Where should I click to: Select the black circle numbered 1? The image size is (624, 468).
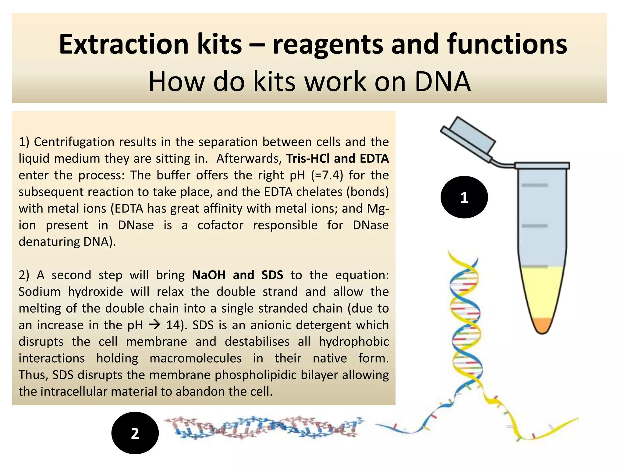[x=464, y=197]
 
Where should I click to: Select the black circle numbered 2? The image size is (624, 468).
[x=135, y=433]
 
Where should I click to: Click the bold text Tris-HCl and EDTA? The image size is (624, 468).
[x=337, y=159]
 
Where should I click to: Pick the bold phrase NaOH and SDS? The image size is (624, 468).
[x=237, y=275]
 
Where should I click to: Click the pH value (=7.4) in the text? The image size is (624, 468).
[x=327, y=175]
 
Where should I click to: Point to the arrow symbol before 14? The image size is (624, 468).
[x=154, y=325]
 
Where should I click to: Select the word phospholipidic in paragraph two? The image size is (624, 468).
[x=255, y=375]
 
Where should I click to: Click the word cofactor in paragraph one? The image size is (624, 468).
[x=220, y=225]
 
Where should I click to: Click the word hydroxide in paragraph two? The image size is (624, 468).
[x=95, y=292]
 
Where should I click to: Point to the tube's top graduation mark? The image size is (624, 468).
[x=535, y=185]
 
